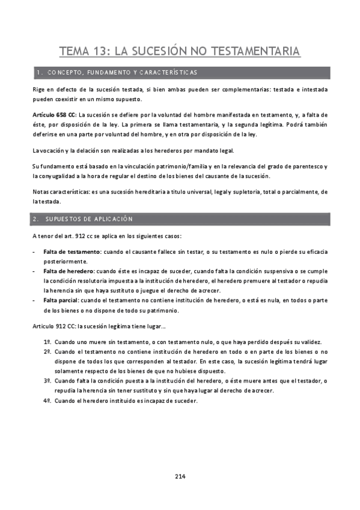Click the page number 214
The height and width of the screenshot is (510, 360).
point(180,476)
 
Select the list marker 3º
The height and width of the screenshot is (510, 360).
point(46,381)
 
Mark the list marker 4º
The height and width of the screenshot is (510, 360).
point(46,401)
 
